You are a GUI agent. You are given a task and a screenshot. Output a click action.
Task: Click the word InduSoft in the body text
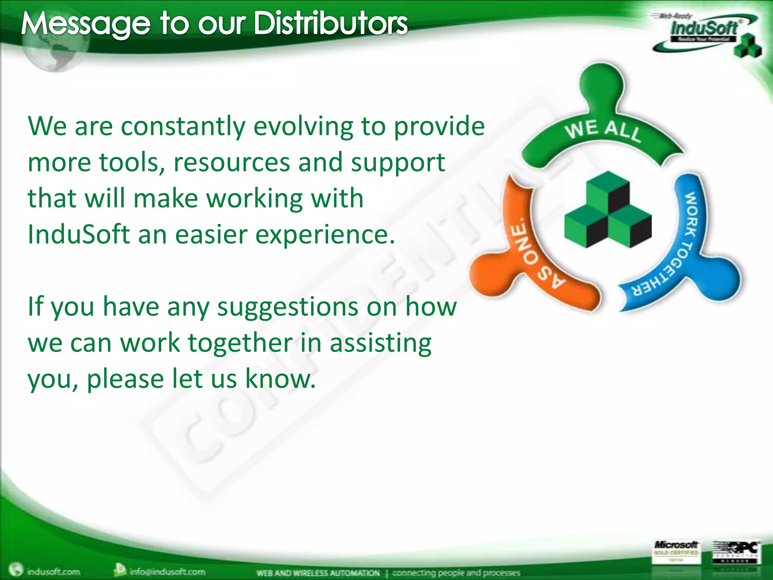(x=79, y=234)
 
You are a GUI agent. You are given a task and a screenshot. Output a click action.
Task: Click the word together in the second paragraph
(x=240, y=343)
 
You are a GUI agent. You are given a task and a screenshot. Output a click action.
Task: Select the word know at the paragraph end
(x=280, y=379)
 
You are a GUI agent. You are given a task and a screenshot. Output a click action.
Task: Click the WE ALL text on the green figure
(x=603, y=130)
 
